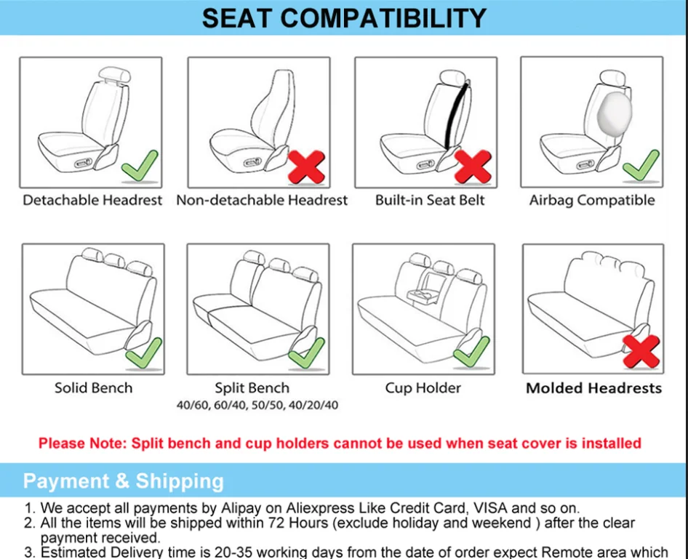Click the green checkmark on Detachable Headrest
(x=139, y=166)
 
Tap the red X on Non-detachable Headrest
(x=306, y=167)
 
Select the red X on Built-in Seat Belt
(x=473, y=167)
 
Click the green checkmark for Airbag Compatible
(x=641, y=166)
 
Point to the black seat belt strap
(x=456, y=114)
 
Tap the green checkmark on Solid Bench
(x=143, y=353)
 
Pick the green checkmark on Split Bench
(x=307, y=353)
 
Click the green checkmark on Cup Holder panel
(x=472, y=352)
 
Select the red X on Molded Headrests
(x=641, y=351)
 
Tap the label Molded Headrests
(x=593, y=388)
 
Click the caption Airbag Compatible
(x=592, y=200)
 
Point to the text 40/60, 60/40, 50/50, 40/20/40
(x=257, y=405)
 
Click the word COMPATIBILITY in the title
(x=383, y=18)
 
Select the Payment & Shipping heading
(x=124, y=481)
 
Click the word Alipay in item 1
(x=241, y=508)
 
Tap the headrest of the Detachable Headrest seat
(x=114, y=75)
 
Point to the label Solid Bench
(x=94, y=387)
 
